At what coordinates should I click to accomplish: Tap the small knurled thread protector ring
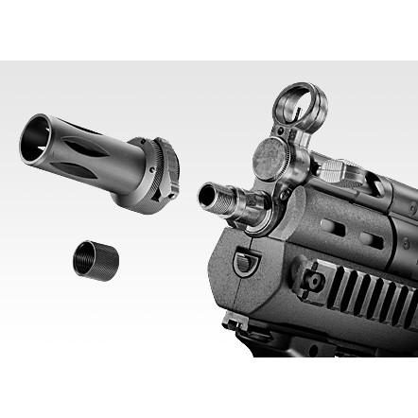tap(94, 257)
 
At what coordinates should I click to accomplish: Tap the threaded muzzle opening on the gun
tap(207, 196)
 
